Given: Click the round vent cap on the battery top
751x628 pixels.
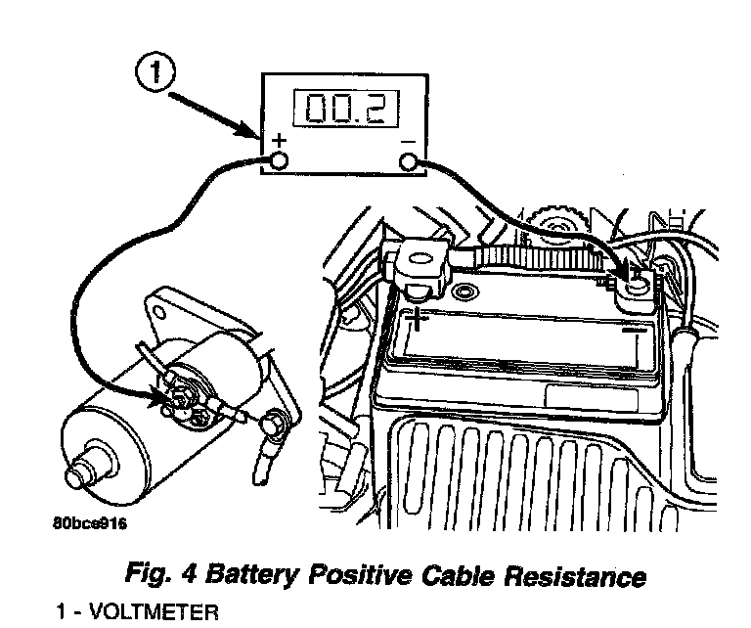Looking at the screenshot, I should (x=465, y=292).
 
